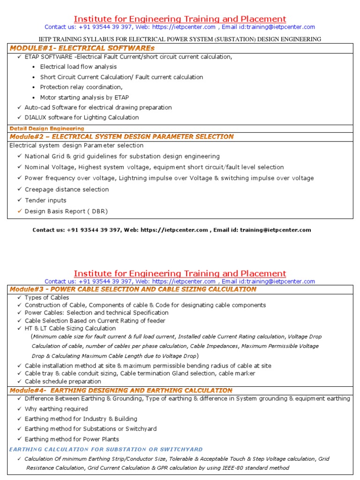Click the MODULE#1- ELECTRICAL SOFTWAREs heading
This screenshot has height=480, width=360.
click(82, 48)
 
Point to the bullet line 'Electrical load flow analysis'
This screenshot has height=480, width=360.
click(78, 67)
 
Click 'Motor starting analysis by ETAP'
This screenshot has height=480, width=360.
click(84, 97)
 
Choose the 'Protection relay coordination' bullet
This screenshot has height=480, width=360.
click(81, 87)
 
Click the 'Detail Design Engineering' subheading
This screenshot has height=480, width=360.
click(47, 128)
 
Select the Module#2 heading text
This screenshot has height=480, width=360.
click(121, 136)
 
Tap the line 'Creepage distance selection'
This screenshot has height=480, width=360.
click(67, 189)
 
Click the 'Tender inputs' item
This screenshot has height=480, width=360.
click(45, 200)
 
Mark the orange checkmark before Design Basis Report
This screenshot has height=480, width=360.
click(19, 211)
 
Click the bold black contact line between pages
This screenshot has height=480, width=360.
click(172, 230)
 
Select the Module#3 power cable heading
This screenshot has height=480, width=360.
click(133, 289)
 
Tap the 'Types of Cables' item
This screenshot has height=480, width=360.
click(47, 298)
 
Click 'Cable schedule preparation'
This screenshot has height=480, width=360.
click(63, 381)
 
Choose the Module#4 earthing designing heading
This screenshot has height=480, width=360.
click(121, 390)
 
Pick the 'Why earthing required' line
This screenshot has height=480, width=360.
click(56, 409)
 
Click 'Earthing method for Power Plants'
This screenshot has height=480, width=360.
click(72, 439)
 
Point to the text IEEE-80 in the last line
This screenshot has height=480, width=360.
click(224, 468)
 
